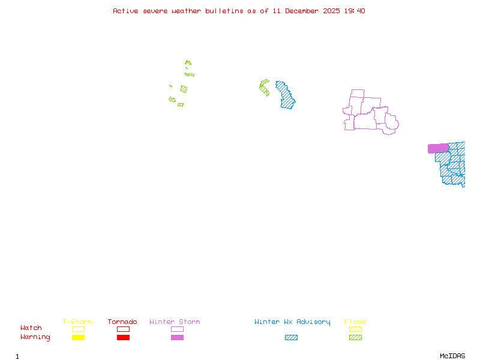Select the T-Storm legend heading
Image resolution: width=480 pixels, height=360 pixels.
[x=77, y=322]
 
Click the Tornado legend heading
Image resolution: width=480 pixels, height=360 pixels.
[x=122, y=322]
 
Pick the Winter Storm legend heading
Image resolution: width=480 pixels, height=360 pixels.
[x=175, y=322]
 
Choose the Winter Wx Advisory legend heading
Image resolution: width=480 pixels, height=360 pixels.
[x=292, y=322]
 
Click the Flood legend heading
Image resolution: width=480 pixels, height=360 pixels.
[x=355, y=322]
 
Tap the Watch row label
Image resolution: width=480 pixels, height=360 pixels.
[x=31, y=328]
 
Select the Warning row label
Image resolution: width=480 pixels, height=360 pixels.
[x=35, y=337]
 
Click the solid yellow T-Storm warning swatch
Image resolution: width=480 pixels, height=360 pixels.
[x=78, y=338]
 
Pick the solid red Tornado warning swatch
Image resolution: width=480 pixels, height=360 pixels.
[x=123, y=338]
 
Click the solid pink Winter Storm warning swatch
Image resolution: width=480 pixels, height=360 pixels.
[x=177, y=338]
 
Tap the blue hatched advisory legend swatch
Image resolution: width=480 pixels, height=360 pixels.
[x=291, y=338]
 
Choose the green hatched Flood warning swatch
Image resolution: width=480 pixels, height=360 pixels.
[x=355, y=338]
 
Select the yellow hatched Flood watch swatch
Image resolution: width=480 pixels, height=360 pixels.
[x=355, y=329]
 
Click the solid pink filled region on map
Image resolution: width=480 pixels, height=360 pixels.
[x=438, y=148]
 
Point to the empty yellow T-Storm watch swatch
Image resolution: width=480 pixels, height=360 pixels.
[x=78, y=329]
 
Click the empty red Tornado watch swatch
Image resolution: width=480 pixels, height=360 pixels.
[x=123, y=329]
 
